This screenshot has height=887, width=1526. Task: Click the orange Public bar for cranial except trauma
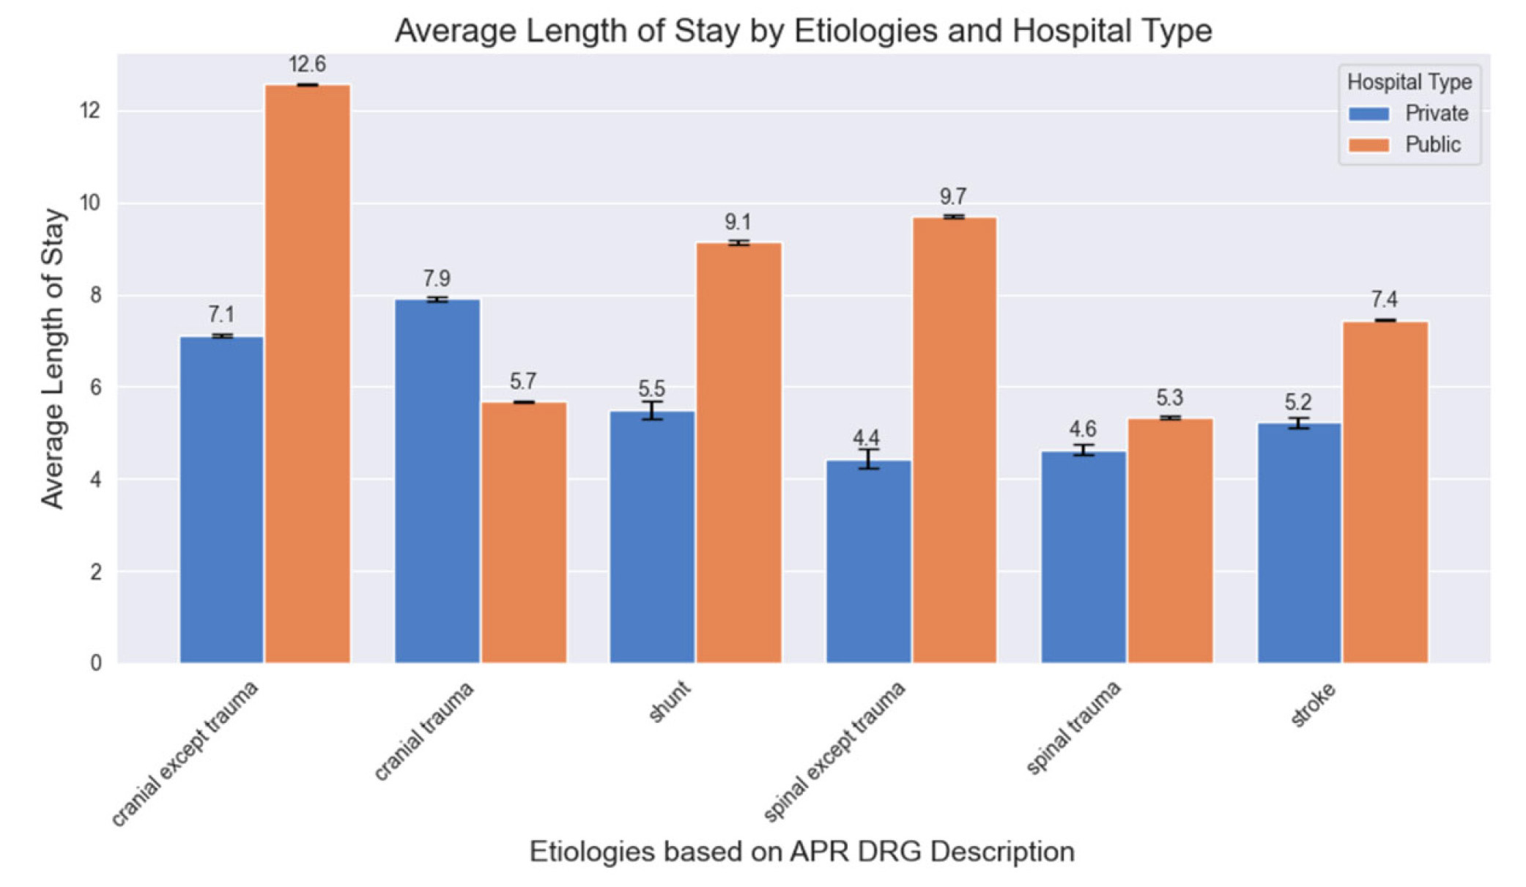tap(308, 374)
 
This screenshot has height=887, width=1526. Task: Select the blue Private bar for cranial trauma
tap(437, 480)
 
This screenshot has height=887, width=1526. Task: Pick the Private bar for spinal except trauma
tap(868, 561)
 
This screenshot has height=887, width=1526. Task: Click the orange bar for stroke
tap(1385, 491)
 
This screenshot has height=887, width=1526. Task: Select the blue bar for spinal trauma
tap(1084, 557)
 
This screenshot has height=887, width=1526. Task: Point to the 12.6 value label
tap(307, 64)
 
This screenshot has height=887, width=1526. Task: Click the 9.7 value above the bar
tap(953, 196)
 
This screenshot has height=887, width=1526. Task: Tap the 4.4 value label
tap(866, 438)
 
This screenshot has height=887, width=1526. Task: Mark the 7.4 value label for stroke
tap(1384, 300)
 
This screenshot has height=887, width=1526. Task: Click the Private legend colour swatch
tap(1368, 114)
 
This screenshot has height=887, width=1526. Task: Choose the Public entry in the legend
tap(1432, 145)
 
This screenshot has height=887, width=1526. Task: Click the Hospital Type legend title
tap(1409, 82)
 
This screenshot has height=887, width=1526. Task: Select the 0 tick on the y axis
tap(96, 663)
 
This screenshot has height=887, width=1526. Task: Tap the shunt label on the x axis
tap(670, 701)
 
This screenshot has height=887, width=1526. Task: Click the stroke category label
tap(1313, 705)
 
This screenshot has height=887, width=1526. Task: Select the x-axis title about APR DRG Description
tap(801, 852)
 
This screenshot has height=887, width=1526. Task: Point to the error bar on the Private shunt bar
tap(652, 410)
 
